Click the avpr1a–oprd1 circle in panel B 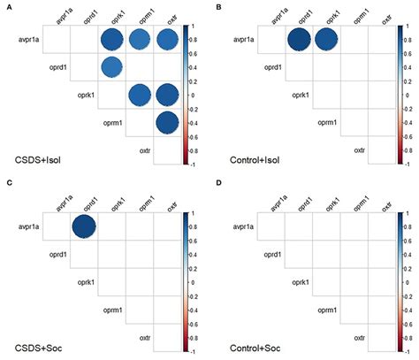click(x=298, y=40)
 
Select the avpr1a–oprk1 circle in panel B click(x=326, y=40)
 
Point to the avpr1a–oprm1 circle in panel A click(x=140, y=40)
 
